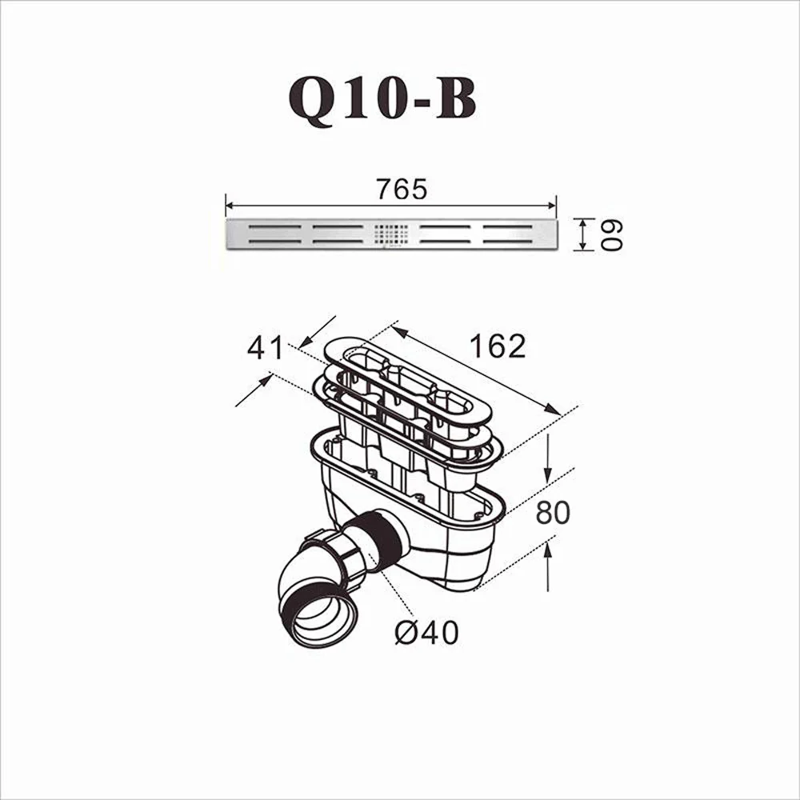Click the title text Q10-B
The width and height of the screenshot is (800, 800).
pyautogui.click(x=382, y=99)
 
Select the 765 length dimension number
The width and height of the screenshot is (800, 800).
pyautogui.click(x=402, y=190)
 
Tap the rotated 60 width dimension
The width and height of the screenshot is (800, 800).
pyautogui.click(x=611, y=234)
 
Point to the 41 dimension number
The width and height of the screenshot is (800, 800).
pyautogui.click(x=265, y=348)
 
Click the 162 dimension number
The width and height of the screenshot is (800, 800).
pyautogui.click(x=497, y=346)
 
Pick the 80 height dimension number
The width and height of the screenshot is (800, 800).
pyautogui.click(x=553, y=513)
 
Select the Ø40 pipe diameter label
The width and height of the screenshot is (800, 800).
pyautogui.click(x=426, y=633)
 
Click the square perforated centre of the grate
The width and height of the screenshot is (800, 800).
pyautogui.click(x=391, y=234)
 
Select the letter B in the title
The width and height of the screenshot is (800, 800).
pyautogui.click(x=455, y=99)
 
